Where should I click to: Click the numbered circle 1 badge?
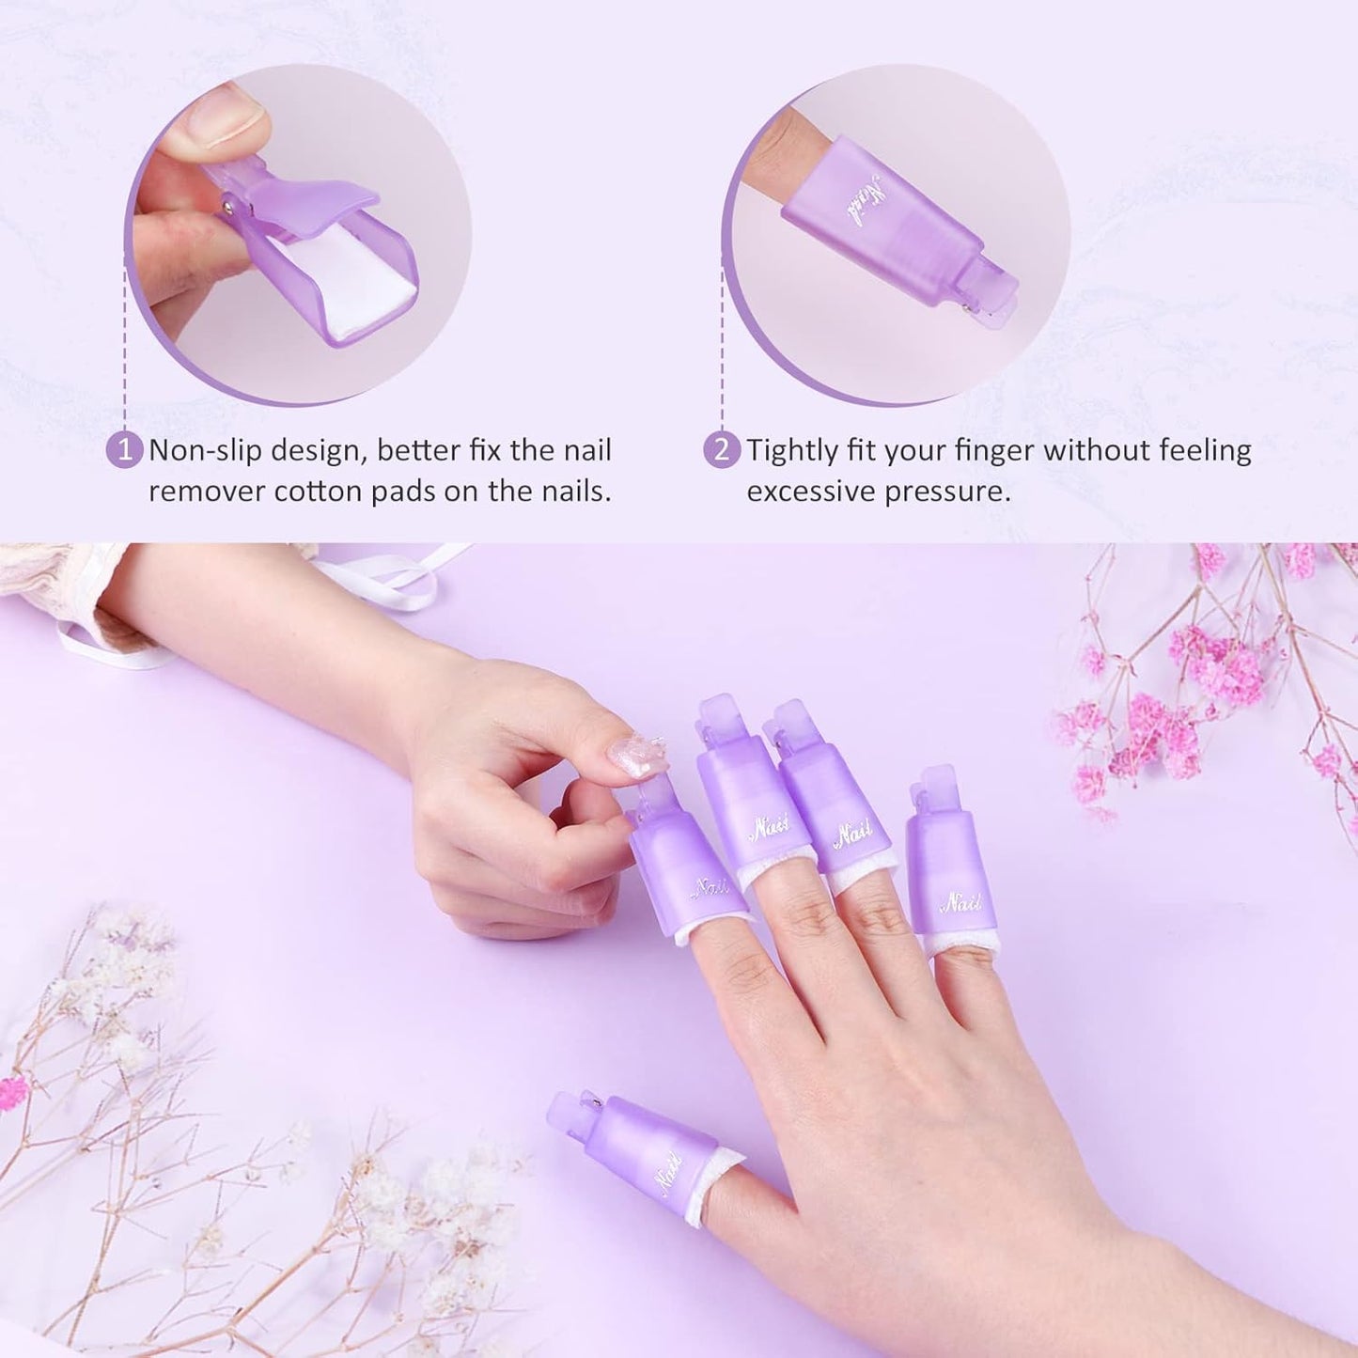[124, 449]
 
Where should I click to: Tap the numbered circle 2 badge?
[722, 449]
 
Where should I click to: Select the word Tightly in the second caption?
[795, 450]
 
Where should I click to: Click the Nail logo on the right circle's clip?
[869, 199]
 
